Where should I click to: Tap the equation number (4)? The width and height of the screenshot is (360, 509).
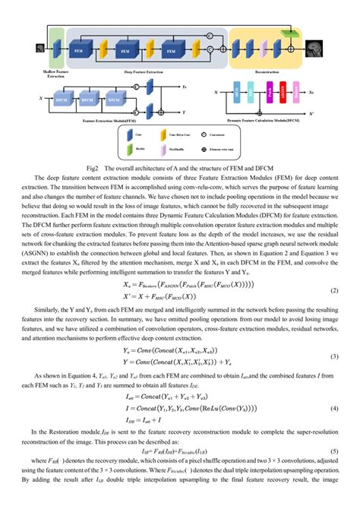coord(333,409)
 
